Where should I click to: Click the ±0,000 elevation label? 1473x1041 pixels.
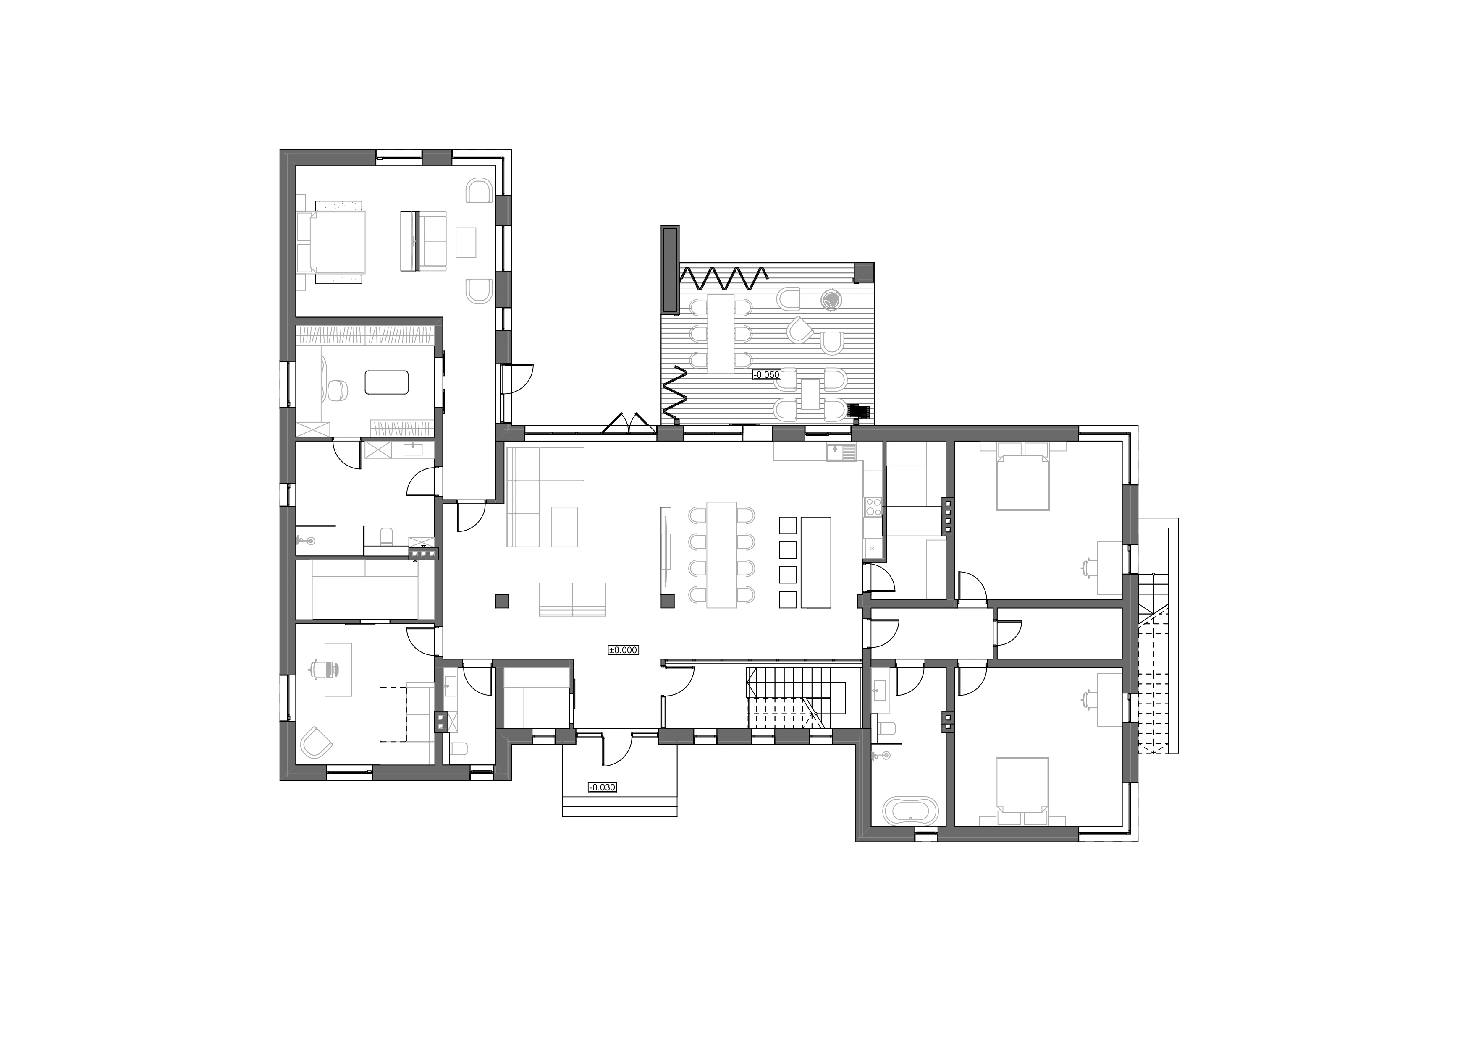(x=623, y=650)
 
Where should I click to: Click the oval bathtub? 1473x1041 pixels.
(x=910, y=810)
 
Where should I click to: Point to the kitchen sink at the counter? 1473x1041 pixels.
(x=841, y=452)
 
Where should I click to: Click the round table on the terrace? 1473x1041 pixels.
(x=832, y=300)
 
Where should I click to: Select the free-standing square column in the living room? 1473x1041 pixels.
(x=502, y=601)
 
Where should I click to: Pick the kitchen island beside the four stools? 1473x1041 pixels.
(x=816, y=562)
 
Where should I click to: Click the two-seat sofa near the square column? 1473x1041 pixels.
(x=572, y=599)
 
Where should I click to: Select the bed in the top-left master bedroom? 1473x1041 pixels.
(x=338, y=242)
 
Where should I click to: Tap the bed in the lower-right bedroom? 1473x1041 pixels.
(x=1022, y=786)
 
